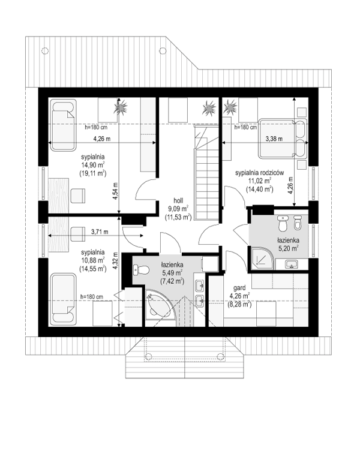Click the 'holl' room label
[178, 200]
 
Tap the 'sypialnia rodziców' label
[260, 173]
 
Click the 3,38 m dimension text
[274, 139]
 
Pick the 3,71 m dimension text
[100, 232]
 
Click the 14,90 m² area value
[93, 165]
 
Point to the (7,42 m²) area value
[173, 281]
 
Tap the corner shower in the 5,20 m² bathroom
[262, 258]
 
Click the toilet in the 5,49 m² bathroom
[141, 270]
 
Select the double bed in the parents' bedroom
[283, 139]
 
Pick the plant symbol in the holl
[209, 108]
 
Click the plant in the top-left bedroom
[121, 107]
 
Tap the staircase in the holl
[206, 173]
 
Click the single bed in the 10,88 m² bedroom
[63, 299]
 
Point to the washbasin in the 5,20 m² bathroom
[292, 264]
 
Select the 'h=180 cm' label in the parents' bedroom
[246, 127]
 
